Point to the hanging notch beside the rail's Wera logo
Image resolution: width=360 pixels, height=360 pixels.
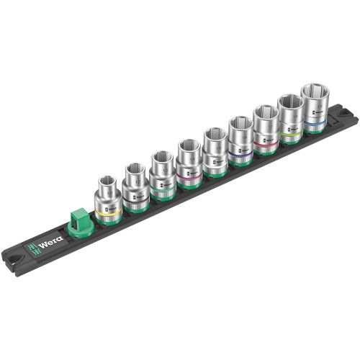15,256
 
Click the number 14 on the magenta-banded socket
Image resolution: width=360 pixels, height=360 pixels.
188,163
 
